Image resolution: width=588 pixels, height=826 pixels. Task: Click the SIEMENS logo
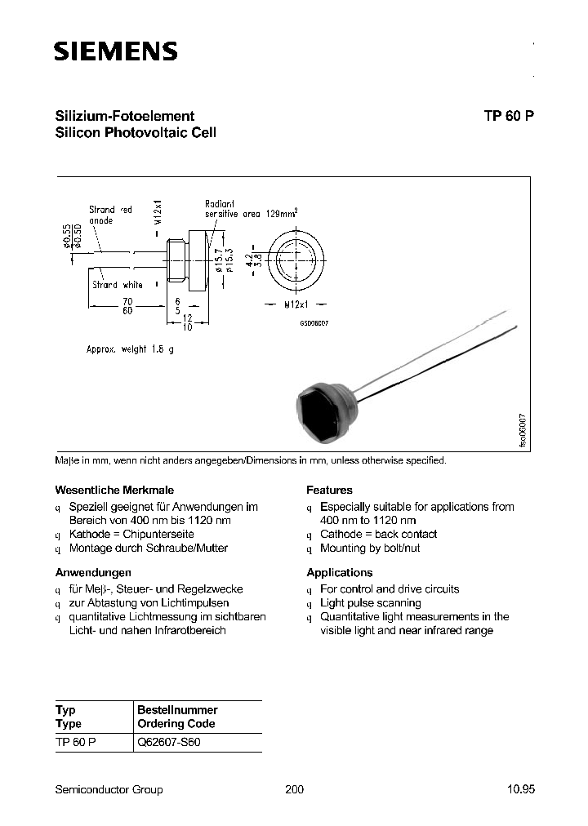(x=115, y=52)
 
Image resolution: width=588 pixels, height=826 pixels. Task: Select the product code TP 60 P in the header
(x=509, y=116)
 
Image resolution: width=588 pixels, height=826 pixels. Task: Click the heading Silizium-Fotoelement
(x=124, y=116)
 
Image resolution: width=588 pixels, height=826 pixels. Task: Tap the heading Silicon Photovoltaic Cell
(x=135, y=132)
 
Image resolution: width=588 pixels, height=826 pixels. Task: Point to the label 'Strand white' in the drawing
(x=118, y=285)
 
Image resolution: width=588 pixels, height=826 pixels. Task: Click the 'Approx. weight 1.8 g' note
(x=131, y=349)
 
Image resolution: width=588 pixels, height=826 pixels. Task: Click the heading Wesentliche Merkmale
(x=103, y=490)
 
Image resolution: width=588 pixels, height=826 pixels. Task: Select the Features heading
(x=329, y=490)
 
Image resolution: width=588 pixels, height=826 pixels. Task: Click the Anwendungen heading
(x=93, y=572)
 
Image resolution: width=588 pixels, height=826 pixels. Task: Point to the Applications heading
(x=339, y=572)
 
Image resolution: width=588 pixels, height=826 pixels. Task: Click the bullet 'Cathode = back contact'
(x=378, y=534)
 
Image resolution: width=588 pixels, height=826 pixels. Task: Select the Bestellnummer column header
(x=177, y=710)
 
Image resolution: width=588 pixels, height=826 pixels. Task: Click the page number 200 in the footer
(x=294, y=789)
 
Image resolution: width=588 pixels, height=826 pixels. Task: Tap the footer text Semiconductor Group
(x=109, y=789)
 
